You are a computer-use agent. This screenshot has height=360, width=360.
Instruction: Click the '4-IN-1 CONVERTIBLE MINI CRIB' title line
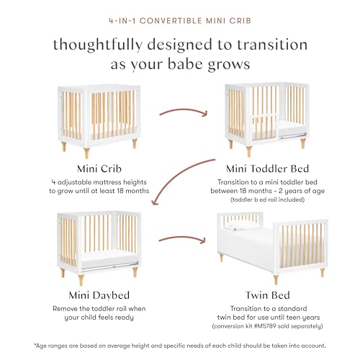(180, 20)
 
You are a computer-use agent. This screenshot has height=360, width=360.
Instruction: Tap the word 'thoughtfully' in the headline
(98, 45)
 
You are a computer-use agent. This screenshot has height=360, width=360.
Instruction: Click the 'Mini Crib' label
(99, 168)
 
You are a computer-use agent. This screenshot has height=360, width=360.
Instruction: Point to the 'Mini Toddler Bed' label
(267, 168)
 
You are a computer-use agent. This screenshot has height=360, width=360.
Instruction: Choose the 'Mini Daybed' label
(99, 295)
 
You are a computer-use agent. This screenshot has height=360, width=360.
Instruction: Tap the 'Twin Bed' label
(267, 295)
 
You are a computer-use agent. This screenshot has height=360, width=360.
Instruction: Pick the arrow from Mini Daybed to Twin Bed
(182, 238)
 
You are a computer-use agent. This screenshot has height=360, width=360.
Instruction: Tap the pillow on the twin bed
(243, 225)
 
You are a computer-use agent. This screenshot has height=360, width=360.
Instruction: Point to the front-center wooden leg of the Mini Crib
(86, 153)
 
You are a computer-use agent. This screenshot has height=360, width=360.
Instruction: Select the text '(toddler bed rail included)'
(267, 199)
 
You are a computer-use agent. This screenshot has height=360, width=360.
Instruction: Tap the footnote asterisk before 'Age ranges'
(35, 345)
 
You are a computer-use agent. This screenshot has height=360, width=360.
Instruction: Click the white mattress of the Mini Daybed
(109, 258)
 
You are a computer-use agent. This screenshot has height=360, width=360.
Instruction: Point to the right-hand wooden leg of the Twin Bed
(323, 271)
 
